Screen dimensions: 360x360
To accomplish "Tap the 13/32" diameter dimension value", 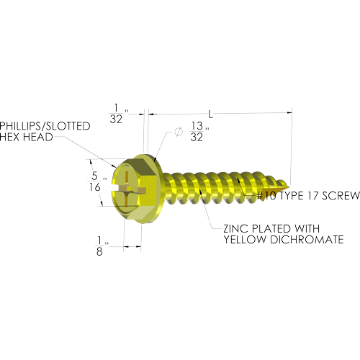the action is click(x=199, y=132).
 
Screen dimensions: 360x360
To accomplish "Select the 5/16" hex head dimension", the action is click(x=98, y=181).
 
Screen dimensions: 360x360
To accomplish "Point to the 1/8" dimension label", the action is click(x=102, y=246).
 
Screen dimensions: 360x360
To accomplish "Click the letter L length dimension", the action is click(x=210, y=114).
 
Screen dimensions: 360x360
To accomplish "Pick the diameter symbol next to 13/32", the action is click(x=178, y=132).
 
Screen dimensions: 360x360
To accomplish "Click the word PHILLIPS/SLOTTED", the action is click(x=45, y=126).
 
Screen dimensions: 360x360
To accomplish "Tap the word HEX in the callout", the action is click(x=10, y=137).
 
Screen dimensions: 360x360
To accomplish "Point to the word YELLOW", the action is click(x=246, y=240).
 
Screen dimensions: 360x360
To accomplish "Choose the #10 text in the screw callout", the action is click(x=266, y=196).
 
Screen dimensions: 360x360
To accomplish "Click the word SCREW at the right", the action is click(x=341, y=196).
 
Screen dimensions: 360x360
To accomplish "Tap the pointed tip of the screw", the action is click(x=289, y=187).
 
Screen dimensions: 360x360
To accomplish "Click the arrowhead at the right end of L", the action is click(x=290, y=112).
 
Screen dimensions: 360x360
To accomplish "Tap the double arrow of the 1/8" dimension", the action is click(x=132, y=246).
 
